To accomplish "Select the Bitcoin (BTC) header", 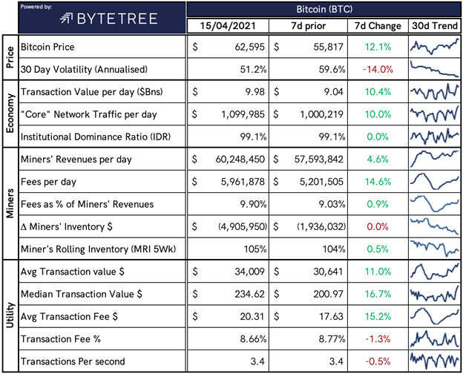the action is pos(324,9).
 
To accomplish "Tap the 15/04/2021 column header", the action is pos(228,26).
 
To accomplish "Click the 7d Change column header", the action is pos(378,26).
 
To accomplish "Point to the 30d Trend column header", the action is pos(435,26).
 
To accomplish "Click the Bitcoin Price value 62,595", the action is pos(250,47).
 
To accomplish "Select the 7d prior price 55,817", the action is pos(329,47).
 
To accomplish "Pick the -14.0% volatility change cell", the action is pos(378,70).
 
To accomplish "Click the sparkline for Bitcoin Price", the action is pos(435,47).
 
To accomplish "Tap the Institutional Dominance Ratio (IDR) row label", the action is pos(96,137).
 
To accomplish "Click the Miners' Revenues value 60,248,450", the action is pos(240,160).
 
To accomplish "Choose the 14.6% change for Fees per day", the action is pos(378,182).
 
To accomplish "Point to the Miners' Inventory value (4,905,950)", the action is pos(243,226).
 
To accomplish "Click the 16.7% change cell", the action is pos(378,294).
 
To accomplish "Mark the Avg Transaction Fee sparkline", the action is pos(435,316).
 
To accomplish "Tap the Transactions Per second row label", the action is pos(73,361).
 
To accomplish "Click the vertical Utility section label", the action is pos(10,315).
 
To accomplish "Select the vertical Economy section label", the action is pos(10,114).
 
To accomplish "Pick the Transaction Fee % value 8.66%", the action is pos(253,339).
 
